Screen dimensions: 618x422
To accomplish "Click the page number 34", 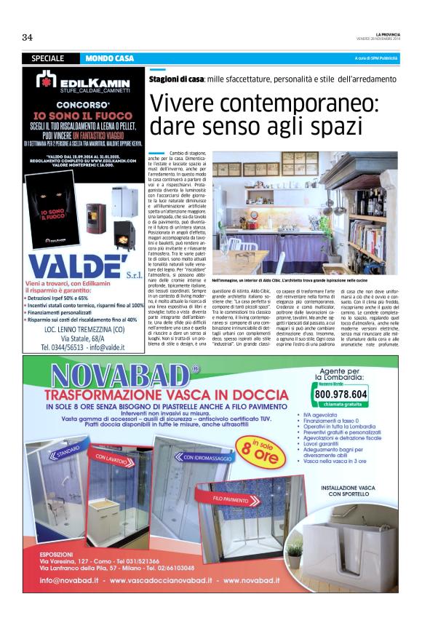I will point(28,38).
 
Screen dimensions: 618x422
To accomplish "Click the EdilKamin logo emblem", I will point(46,81).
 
